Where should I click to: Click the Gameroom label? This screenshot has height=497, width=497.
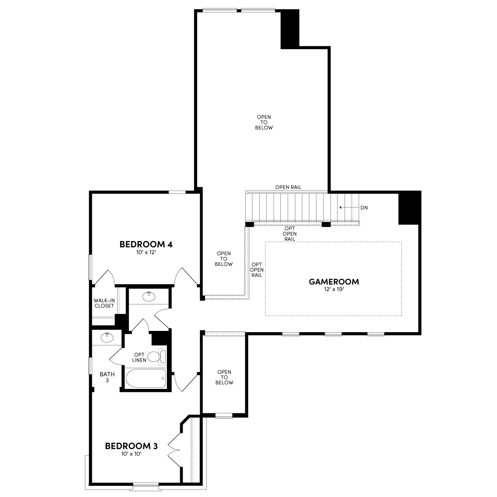(x=334, y=282)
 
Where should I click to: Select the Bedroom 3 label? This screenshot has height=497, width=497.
(x=131, y=446)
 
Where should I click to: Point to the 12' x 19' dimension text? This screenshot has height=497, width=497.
(x=334, y=290)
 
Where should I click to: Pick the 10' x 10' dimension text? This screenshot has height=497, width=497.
(x=131, y=454)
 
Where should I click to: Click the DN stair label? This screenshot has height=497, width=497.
(x=364, y=207)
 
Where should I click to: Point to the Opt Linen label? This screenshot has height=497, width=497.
(x=139, y=357)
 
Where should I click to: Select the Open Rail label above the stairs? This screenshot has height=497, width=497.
(x=288, y=187)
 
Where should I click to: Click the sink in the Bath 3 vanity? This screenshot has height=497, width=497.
(x=107, y=338)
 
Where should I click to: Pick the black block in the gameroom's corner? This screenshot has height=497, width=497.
(x=409, y=208)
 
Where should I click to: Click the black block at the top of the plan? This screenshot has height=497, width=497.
(x=290, y=28)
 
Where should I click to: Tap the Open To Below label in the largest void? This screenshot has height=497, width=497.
(x=264, y=123)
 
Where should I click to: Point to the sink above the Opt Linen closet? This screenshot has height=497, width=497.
(x=149, y=296)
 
